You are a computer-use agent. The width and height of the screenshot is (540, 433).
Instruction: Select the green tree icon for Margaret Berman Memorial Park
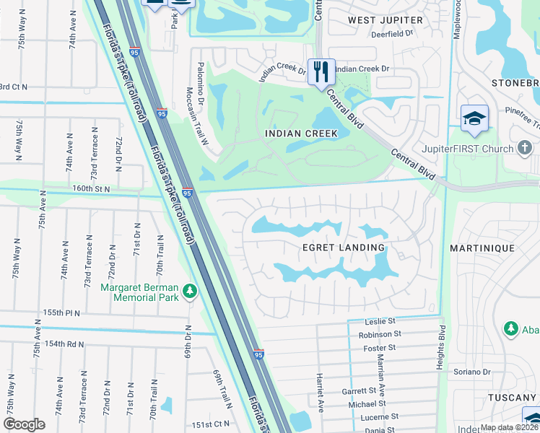tap(189, 292)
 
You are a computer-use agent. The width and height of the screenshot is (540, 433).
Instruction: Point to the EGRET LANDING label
tap(343, 248)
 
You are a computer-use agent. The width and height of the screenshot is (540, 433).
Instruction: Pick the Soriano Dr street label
tap(472, 372)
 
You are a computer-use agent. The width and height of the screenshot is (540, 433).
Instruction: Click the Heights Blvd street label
tap(440, 348)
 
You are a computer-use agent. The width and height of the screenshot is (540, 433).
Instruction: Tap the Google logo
tap(24, 424)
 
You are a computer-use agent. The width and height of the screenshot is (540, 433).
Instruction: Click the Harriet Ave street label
tap(318, 393)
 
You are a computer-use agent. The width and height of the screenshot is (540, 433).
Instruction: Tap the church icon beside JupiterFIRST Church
tap(528, 149)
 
